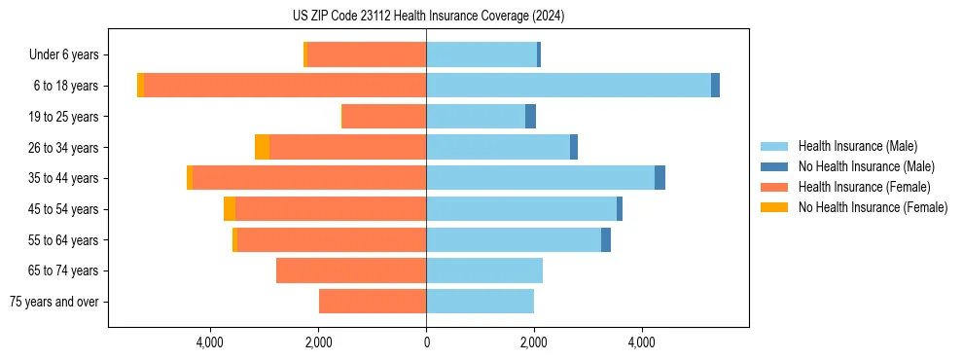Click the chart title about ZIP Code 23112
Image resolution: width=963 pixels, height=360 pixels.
coord(428,17)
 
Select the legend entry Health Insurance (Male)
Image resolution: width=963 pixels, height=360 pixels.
coord(855,146)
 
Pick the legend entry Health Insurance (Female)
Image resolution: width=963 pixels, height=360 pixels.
coord(864,187)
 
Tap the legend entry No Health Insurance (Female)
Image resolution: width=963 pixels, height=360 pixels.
coord(873,207)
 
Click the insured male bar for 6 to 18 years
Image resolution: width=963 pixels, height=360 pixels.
coord(568,86)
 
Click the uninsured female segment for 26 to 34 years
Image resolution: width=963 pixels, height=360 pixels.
coord(262,147)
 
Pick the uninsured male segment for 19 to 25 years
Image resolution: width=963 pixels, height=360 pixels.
coord(530,117)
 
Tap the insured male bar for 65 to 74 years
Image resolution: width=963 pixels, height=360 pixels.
coord(484,270)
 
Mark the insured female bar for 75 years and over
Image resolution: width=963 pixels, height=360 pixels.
coord(373,302)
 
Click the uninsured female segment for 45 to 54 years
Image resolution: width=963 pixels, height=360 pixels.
coord(230,209)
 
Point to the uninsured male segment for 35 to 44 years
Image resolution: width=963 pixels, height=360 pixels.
coord(660,178)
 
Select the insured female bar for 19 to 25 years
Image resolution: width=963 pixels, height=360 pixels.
coord(384,117)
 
